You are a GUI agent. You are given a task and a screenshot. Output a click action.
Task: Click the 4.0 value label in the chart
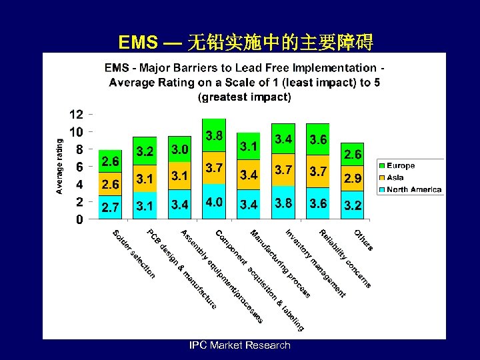click(x=214, y=201)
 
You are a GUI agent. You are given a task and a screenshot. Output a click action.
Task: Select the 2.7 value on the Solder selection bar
click(x=111, y=208)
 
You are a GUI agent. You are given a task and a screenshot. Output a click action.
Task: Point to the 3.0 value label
click(x=179, y=148)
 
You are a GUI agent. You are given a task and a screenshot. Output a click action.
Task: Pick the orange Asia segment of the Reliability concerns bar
click(x=318, y=173)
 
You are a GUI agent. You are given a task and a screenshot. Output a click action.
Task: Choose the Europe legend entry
click(x=400, y=165)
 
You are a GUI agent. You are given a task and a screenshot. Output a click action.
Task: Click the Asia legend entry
click(x=395, y=177)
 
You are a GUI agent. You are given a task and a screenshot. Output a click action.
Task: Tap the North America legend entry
click(x=413, y=189)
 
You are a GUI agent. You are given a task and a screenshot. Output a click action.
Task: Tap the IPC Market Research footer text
click(x=240, y=345)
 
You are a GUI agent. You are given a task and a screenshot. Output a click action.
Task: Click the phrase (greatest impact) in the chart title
click(x=245, y=97)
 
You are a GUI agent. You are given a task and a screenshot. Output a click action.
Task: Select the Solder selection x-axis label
click(x=133, y=255)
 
